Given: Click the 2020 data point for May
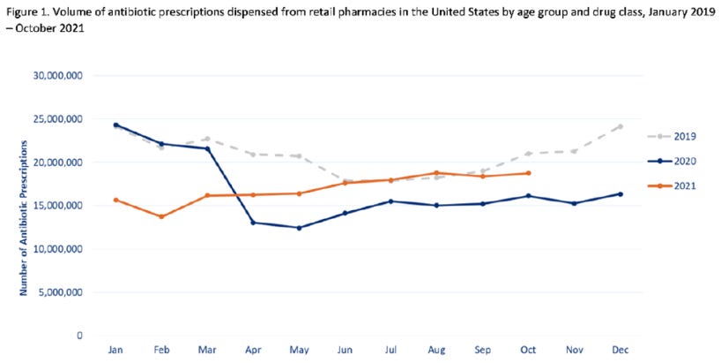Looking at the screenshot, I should tap(299, 228).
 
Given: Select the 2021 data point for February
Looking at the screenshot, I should tap(161, 216).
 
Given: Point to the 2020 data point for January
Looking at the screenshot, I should tap(115, 125).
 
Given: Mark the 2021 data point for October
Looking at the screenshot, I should tap(528, 173).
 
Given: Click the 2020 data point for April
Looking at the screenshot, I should tap(253, 223).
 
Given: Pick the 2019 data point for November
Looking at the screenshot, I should tap(574, 151).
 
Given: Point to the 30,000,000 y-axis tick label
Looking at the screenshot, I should tap(56, 76).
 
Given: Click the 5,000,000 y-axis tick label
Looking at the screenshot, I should tap(59, 292).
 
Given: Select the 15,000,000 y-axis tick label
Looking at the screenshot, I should tap(56, 206).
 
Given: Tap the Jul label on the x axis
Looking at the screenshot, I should tap(390, 351).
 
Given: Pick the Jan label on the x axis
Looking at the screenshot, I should tap(115, 351).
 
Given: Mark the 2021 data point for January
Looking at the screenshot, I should tap(115, 200).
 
